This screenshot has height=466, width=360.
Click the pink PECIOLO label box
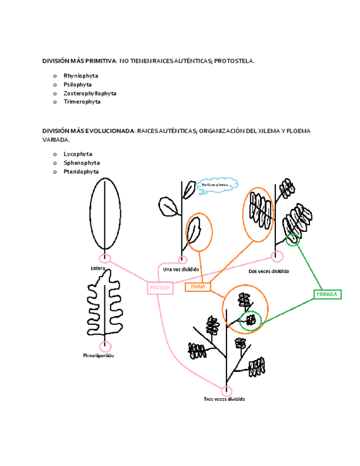point(160,288)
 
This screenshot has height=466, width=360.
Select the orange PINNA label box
point(198,287)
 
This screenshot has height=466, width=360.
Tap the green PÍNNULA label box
point(328,295)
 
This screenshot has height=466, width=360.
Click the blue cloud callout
point(218,185)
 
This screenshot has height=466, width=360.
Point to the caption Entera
point(98,269)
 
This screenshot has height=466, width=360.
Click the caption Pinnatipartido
point(98,356)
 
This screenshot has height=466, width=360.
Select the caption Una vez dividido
point(181,269)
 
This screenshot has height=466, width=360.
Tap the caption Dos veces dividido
point(269,271)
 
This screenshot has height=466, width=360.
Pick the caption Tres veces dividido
point(224,399)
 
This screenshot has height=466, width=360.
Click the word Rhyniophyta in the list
point(81,76)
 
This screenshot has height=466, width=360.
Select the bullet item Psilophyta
point(77,85)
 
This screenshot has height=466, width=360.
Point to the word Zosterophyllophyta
point(90,93)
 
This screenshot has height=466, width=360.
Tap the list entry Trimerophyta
point(82,102)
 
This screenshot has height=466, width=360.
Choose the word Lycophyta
point(77,154)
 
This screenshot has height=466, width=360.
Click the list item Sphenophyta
point(81,163)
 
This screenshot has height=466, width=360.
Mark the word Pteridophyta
point(81,171)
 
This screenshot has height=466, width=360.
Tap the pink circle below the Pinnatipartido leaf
point(105,346)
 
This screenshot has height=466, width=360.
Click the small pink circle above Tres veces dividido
point(226,391)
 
